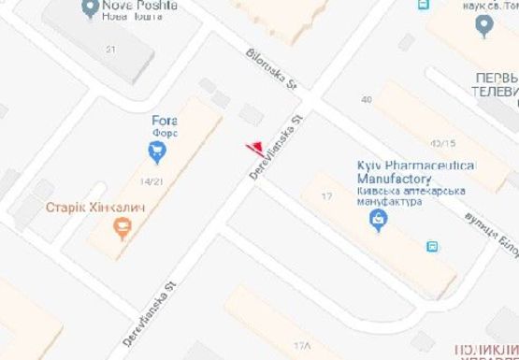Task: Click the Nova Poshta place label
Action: [x=141, y=6]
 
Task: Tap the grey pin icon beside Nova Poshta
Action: [x=90, y=7]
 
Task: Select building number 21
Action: [x=111, y=49]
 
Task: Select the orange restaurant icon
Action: [x=121, y=225]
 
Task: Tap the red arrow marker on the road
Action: [x=252, y=147]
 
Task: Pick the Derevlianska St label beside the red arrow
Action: [x=279, y=147]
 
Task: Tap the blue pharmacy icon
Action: [x=379, y=222]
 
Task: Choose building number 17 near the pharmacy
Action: [x=326, y=195]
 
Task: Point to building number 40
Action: [x=366, y=99]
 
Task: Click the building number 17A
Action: [x=301, y=346]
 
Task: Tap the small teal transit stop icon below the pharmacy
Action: [x=432, y=247]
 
